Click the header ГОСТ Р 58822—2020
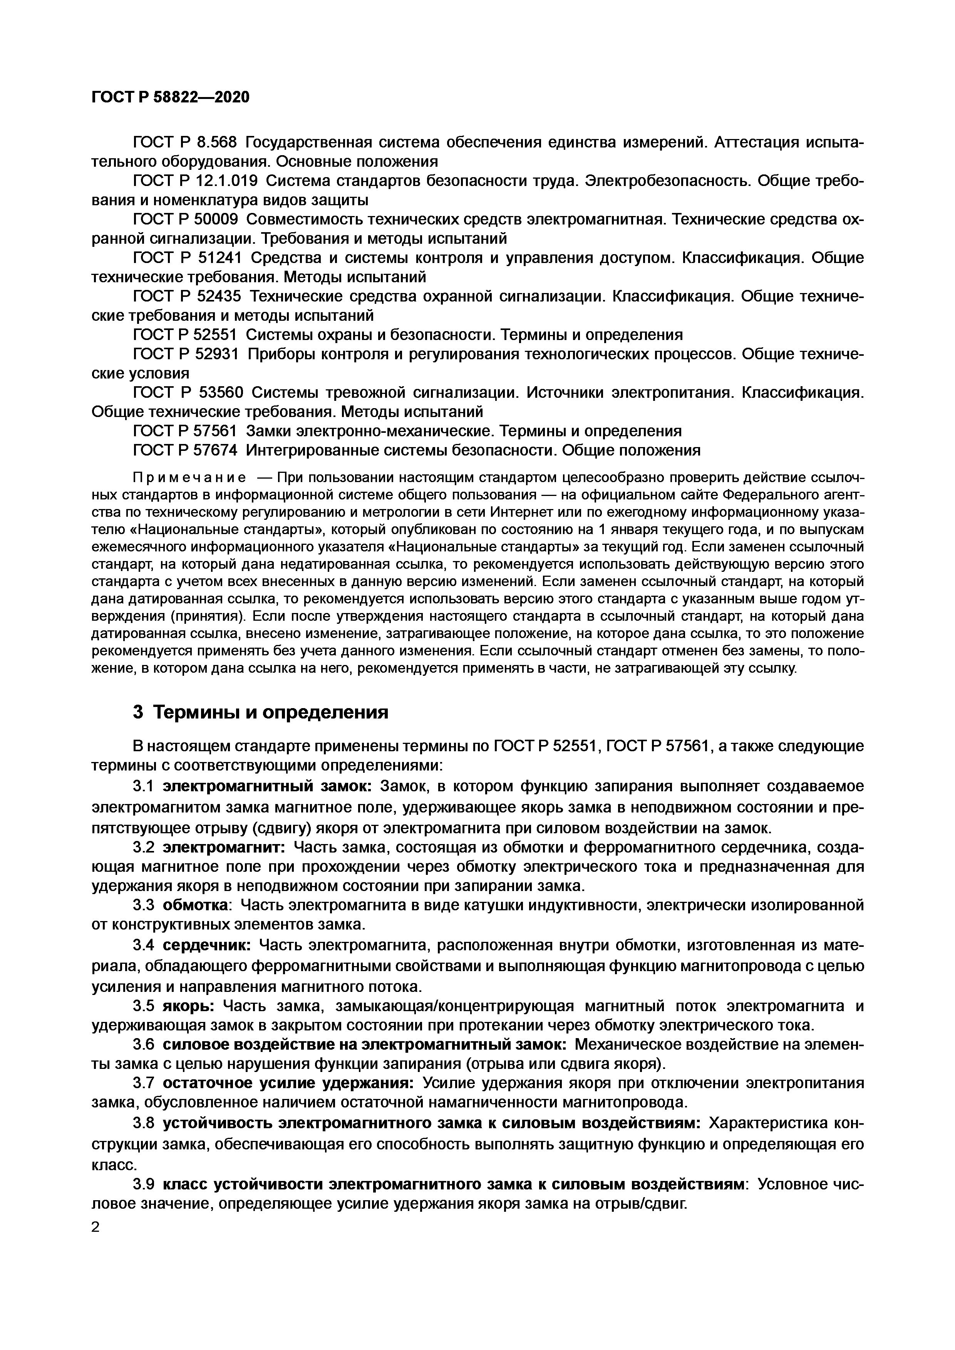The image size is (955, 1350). point(171,97)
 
